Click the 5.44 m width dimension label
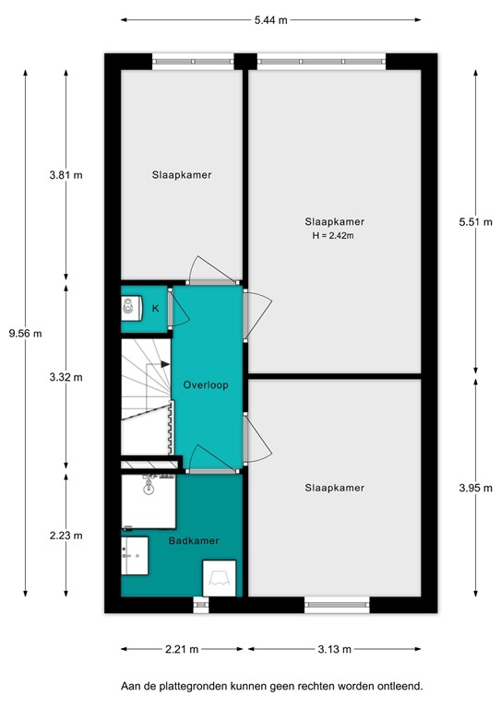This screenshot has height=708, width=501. pos(269,19)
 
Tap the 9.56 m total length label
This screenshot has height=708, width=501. pos(25,334)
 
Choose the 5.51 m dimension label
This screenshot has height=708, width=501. pos(476,221)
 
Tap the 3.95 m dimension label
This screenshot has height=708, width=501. pos(476,490)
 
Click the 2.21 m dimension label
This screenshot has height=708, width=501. pos(180,650)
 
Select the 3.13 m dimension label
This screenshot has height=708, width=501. pos(333,650)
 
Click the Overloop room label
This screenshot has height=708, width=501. pos(206,384)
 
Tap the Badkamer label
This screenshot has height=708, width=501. pos(194,541)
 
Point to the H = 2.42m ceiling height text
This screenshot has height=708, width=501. pos(334,236)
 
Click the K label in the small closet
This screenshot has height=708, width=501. pos(156,308)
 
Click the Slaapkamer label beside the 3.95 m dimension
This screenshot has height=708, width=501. pos(335,488)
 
